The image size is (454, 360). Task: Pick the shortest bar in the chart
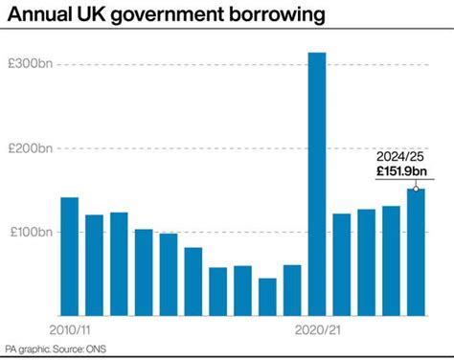[x=267, y=297]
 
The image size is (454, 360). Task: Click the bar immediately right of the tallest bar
[x=342, y=264]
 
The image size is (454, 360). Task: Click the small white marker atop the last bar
[x=416, y=189]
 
